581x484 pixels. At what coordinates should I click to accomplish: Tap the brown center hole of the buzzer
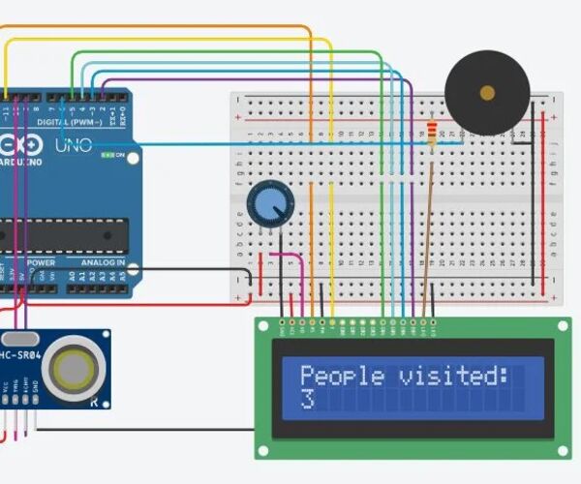(x=487, y=93)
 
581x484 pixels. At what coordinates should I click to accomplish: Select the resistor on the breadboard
(x=431, y=130)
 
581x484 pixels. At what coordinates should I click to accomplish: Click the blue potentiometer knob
(x=269, y=203)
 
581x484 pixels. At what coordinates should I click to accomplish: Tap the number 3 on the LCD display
(x=307, y=399)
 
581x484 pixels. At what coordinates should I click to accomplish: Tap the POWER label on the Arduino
(x=41, y=262)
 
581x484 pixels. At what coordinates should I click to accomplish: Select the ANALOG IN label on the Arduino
(x=104, y=262)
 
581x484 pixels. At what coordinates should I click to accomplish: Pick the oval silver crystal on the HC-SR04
(x=19, y=339)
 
